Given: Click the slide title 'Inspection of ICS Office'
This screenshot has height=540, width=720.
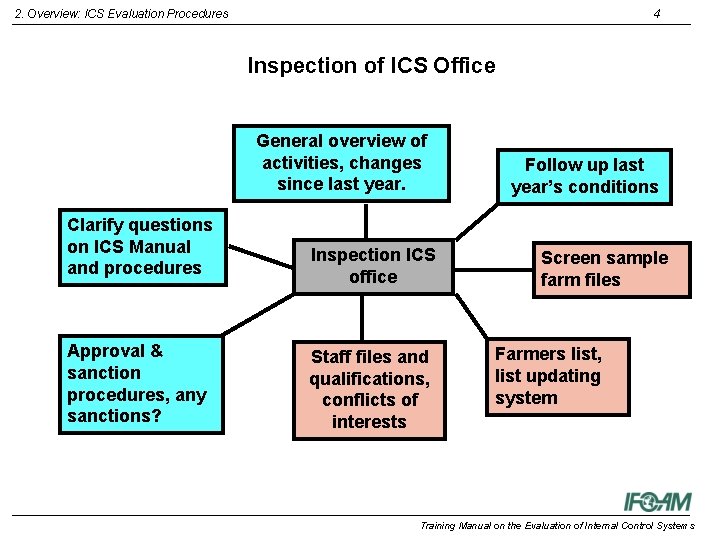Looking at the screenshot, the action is (x=371, y=66).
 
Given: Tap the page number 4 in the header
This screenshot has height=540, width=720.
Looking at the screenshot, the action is (x=656, y=13).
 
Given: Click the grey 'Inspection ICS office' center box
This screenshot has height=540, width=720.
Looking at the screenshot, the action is (x=373, y=266).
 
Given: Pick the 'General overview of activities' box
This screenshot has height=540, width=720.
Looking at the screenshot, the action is (x=341, y=162).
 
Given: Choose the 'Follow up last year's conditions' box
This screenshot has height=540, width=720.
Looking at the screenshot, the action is (x=584, y=176).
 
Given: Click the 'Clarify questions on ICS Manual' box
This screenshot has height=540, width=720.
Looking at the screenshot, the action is (x=140, y=246).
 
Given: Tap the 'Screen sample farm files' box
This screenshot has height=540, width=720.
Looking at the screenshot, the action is (x=610, y=269).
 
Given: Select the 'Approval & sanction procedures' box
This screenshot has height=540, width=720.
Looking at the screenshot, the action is (x=140, y=383).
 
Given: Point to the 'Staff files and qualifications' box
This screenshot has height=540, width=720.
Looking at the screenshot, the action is (x=369, y=389).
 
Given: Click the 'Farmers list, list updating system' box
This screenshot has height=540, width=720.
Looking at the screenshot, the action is (x=557, y=376).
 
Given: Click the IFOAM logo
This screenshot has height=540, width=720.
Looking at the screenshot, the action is (x=657, y=501).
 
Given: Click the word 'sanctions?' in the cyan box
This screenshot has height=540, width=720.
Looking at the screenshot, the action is (x=114, y=416).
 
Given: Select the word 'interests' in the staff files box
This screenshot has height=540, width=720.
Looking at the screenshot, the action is (x=369, y=422).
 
